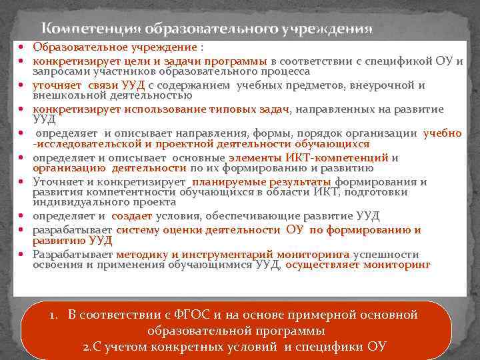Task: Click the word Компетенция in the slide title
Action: [x=81, y=29]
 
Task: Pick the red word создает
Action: [x=132, y=215]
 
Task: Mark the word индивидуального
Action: [x=72, y=201]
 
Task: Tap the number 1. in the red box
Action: [x=54, y=315]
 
